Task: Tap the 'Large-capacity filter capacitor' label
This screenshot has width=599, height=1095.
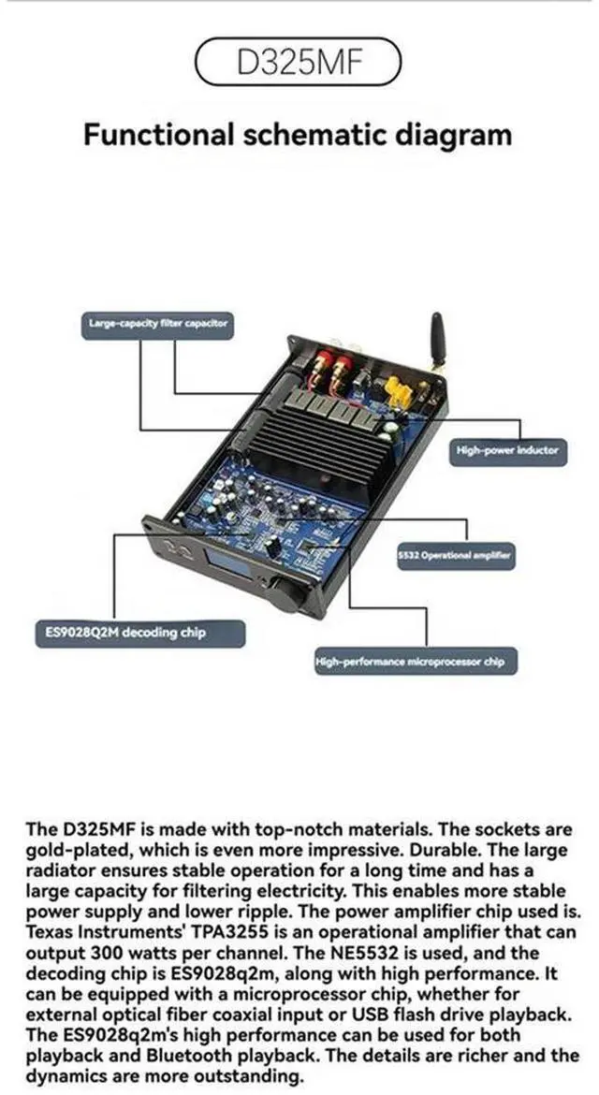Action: coord(158,324)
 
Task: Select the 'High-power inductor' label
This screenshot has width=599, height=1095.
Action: coord(506,451)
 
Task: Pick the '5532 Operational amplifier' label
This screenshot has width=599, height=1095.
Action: coord(455,556)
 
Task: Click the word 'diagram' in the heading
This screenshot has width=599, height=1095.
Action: coord(447,134)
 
